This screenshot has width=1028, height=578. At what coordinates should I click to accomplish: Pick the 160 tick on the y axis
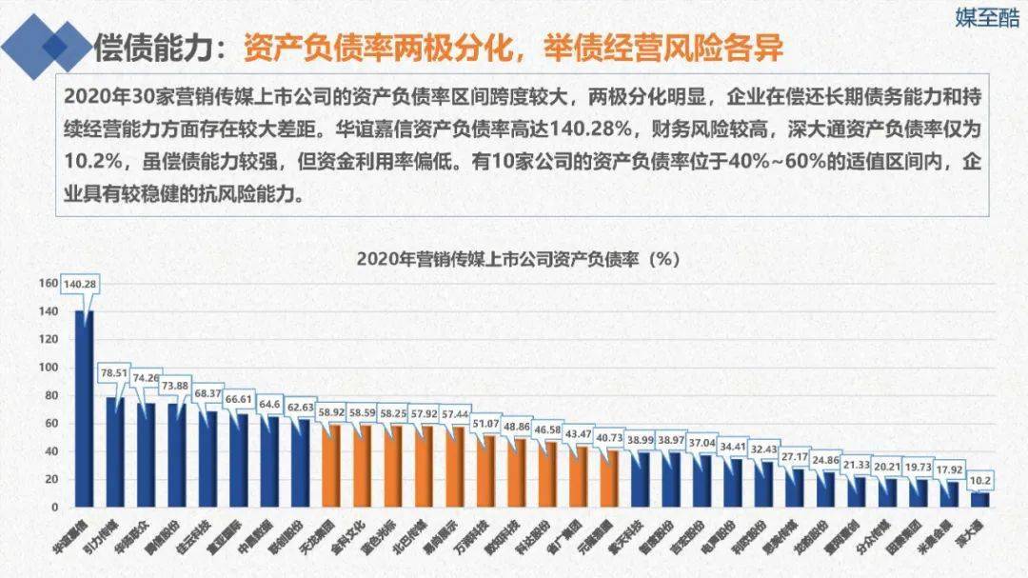[x=49, y=283]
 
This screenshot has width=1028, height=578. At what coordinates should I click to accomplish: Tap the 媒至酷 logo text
[x=986, y=19]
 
